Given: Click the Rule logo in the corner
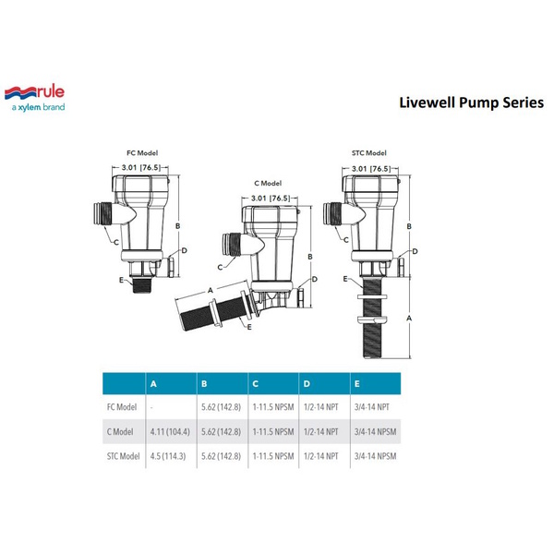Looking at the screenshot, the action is [x=35, y=99].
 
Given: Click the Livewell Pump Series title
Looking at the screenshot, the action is [x=471, y=102].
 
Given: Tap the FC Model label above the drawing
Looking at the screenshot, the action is [x=142, y=153].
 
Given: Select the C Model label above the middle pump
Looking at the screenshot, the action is [x=268, y=184].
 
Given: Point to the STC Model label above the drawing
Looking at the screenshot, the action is [x=368, y=153].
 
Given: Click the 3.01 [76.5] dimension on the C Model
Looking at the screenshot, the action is [x=271, y=199].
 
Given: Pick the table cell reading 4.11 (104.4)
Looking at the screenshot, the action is [x=170, y=432].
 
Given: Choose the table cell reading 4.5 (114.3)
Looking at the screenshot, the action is [x=168, y=456].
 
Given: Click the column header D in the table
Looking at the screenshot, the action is [x=307, y=384].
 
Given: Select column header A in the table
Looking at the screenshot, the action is [x=153, y=384].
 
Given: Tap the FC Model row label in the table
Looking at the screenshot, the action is [x=122, y=407].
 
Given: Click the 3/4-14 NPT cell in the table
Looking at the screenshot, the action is [x=372, y=407].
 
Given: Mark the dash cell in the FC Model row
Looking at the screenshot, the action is [x=151, y=408].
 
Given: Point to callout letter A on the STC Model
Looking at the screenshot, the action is [x=409, y=319].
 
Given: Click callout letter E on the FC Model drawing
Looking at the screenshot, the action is [x=121, y=280].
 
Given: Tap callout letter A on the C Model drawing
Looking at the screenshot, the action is [x=211, y=291].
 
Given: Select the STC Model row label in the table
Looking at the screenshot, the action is [x=124, y=456].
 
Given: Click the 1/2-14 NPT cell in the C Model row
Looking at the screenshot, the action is [x=320, y=432].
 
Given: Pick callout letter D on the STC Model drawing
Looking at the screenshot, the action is [x=415, y=251].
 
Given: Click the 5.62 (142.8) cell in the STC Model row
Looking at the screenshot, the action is [x=222, y=456].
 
